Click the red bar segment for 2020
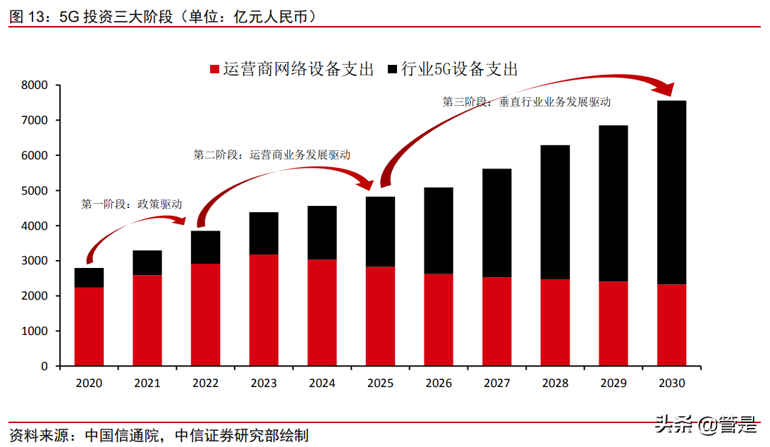pyautogui.click(x=89, y=326)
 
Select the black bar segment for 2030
pyautogui.click(x=671, y=192)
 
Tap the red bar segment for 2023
pyautogui.click(x=263, y=310)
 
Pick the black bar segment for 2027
pyautogui.click(x=496, y=223)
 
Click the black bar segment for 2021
pyautogui.click(x=147, y=263)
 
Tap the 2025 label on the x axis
pyautogui.click(x=380, y=384)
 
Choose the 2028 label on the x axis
pyautogui.click(x=554, y=384)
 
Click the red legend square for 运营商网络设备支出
pyautogui.click(x=215, y=69)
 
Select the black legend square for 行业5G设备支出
pyautogui.click(x=393, y=69)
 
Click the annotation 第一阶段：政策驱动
pyautogui.click(x=132, y=204)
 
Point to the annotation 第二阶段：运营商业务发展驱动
pyautogui.click(x=271, y=154)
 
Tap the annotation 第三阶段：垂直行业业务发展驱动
pyautogui.click(x=526, y=102)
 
